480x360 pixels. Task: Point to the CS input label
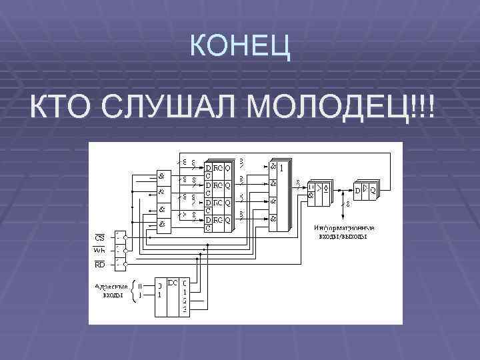[99, 237]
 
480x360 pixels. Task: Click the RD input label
[99, 264]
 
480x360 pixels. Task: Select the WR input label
[99, 251]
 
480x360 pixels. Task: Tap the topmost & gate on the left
[161, 175]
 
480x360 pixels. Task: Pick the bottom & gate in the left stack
[161, 224]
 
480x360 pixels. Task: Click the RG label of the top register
[218, 167]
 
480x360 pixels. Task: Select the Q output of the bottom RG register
[227, 219]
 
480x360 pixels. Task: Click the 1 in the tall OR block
[282, 167]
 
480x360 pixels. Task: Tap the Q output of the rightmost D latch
[372, 190]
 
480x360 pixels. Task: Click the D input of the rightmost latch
[357, 191]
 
